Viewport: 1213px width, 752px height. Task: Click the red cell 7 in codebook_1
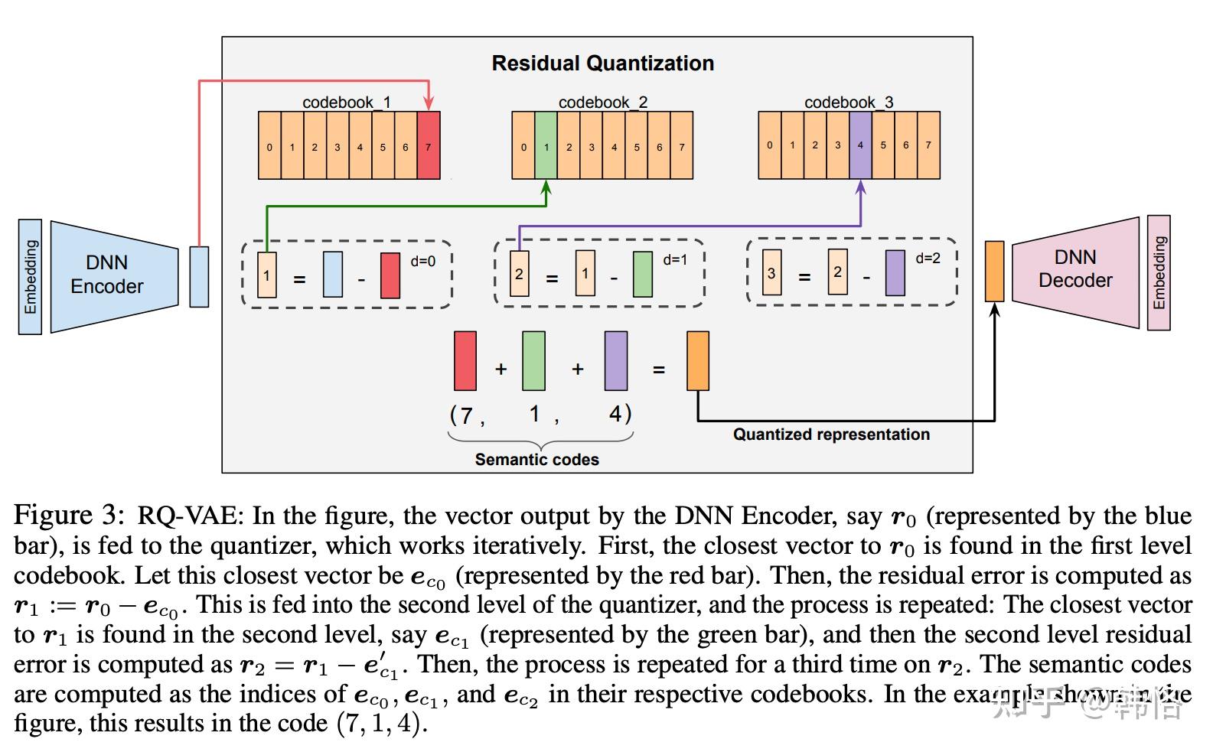[429, 146]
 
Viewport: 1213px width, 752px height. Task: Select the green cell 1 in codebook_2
[546, 146]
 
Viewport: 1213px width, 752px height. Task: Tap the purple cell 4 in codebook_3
[860, 145]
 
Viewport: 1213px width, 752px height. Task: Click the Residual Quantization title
[602, 63]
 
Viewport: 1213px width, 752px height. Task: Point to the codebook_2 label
[602, 103]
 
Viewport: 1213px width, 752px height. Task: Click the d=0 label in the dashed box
[422, 262]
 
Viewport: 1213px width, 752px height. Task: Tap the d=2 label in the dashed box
[928, 259]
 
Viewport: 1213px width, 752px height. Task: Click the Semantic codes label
[536, 460]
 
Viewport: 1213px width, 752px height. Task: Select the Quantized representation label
[831, 435]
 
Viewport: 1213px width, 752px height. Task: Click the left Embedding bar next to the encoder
[30, 277]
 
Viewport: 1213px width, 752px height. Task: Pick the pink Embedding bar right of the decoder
[1159, 272]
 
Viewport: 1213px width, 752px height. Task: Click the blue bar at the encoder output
[199, 276]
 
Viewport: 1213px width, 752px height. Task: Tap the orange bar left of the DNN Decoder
[993, 271]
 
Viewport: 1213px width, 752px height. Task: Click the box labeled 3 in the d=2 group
[771, 273]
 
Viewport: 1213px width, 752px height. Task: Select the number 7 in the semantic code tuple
[465, 415]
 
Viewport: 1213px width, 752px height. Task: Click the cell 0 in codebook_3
[769, 145]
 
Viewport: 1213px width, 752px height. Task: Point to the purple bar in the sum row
[615, 361]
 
